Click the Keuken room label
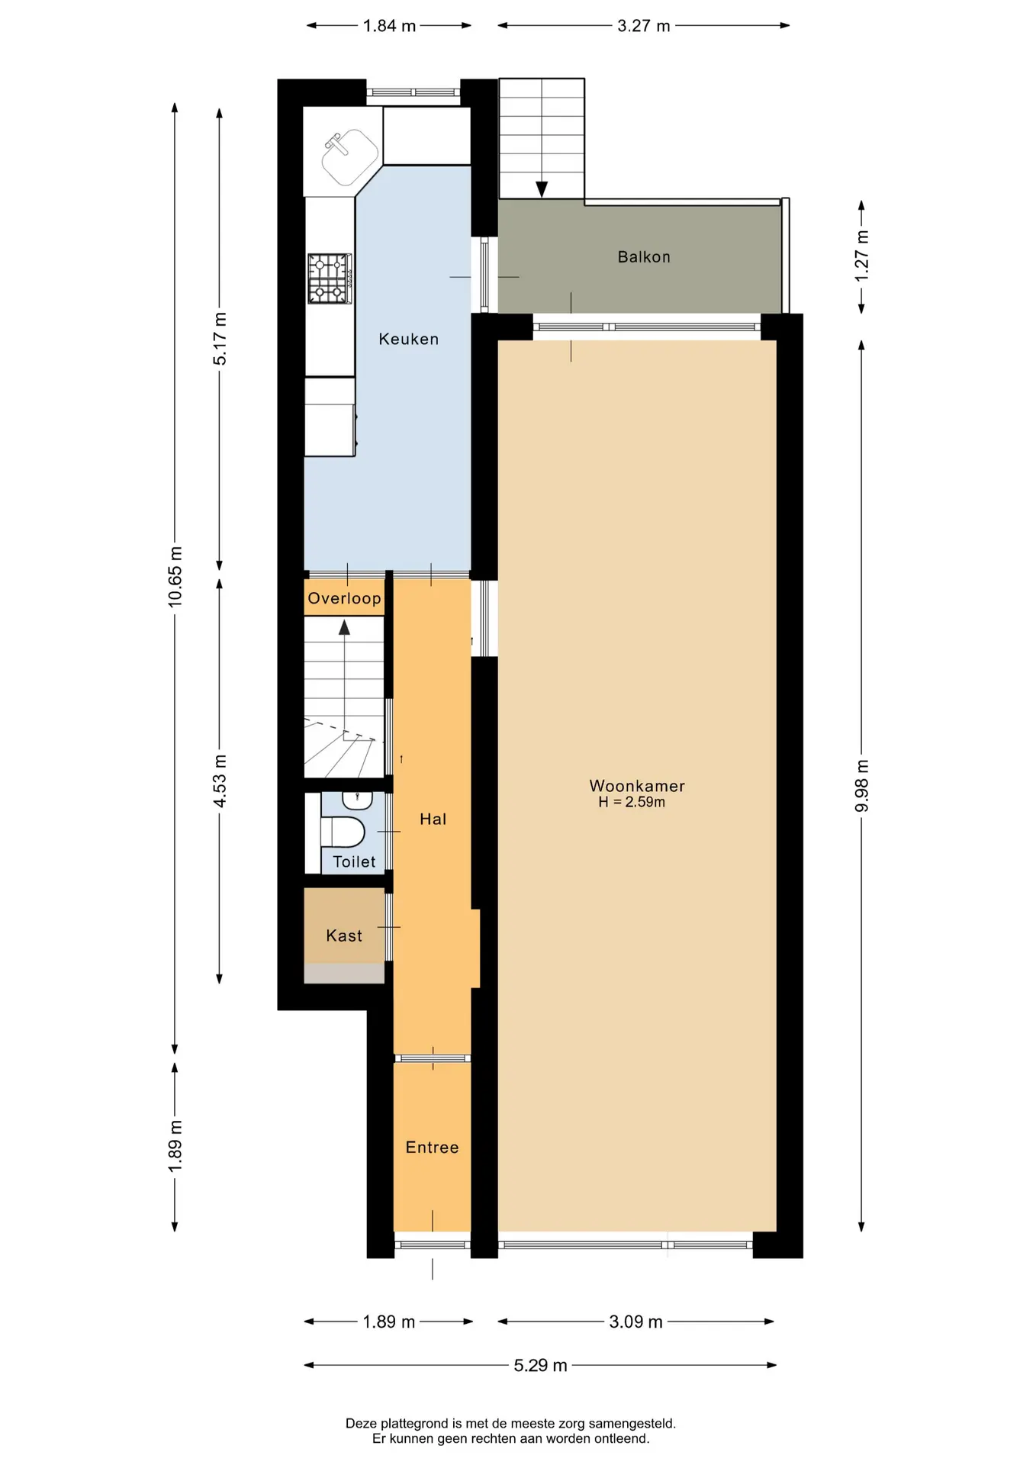409,339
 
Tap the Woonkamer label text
637,786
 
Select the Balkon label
644,257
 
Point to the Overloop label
344,598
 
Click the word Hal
433,819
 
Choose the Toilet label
354,862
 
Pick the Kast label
344,936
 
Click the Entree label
432,1148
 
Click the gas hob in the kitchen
330,279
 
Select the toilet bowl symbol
343,831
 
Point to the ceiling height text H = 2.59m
632,803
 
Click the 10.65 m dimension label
175,577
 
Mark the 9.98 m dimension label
862,786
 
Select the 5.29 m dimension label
540,1365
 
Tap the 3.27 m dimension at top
644,26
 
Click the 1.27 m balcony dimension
862,256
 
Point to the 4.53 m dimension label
220,781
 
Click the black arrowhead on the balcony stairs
542,189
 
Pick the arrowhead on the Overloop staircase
345,627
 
